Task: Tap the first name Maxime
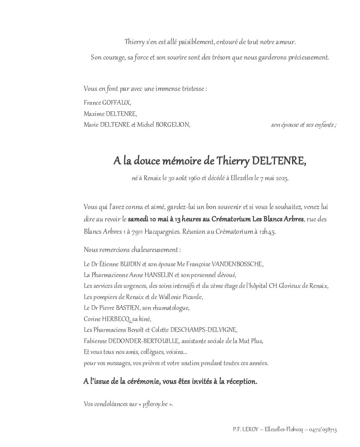pyautogui.click(x=93, y=114)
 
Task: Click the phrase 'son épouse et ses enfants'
pyautogui.click(x=302, y=125)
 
